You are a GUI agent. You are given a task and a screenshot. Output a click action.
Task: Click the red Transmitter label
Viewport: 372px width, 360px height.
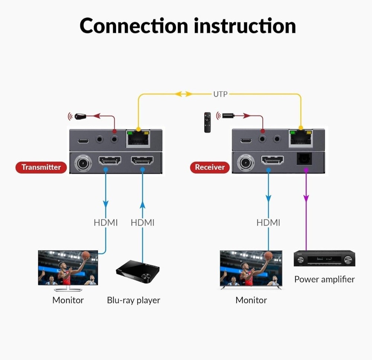tap(41, 167)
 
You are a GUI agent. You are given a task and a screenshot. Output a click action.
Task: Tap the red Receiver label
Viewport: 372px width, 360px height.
tap(210, 167)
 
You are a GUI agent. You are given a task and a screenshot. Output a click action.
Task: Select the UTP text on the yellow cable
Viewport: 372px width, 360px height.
tap(220, 94)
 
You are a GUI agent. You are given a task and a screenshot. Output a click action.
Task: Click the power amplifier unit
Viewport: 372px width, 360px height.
tap(324, 259)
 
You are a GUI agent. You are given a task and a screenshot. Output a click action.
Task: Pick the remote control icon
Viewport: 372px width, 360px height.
tap(207, 122)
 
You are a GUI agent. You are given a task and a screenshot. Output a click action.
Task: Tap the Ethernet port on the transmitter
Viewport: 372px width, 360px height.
tap(138, 139)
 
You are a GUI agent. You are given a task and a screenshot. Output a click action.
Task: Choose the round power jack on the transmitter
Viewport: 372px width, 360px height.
tap(83, 163)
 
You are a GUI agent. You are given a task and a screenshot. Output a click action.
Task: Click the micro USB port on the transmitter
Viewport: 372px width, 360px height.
tap(83, 141)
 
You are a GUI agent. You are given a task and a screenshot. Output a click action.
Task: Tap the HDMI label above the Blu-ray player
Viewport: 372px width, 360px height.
tap(142, 223)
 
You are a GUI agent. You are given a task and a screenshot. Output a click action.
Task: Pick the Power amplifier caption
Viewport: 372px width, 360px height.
tap(324, 279)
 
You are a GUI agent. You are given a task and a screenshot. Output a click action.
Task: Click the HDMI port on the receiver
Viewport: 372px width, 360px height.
tap(272, 160)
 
